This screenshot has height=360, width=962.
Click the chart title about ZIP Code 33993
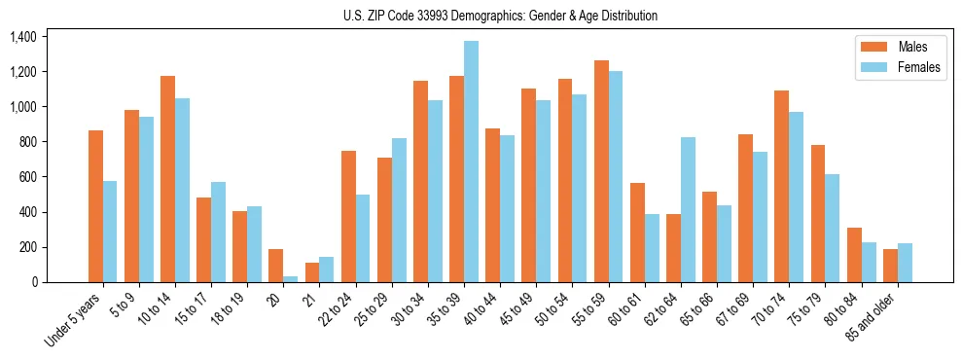(x=500, y=16)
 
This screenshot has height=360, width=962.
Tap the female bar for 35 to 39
(x=471, y=162)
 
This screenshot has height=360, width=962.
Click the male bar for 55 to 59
(x=601, y=171)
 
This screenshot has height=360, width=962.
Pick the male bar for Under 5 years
(x=95, y=206)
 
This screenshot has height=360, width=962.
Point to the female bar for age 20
(x=291, y=278)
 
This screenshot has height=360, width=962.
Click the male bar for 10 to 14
(x=167, y=179)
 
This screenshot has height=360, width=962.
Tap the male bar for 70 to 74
(x=781, y=186)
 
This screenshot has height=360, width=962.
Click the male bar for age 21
(x=312, y=272)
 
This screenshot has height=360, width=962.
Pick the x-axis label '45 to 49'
(x=517, y=310)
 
